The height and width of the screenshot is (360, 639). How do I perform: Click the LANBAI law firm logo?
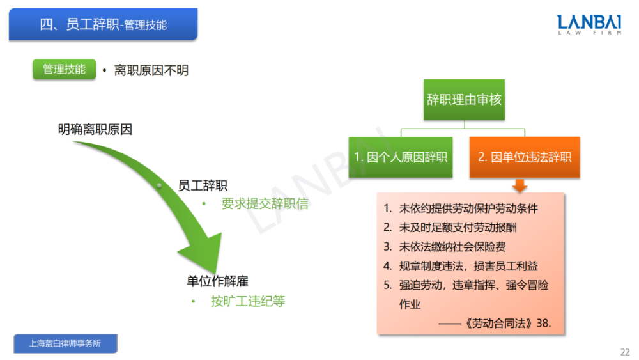point(589,24)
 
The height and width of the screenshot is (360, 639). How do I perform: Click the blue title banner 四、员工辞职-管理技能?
point(103,24)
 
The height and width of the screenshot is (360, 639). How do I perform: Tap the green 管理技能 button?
point(64,69)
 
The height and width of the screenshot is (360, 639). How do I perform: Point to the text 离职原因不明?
point(151,70)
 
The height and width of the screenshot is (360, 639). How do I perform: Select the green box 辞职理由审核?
point(464,100)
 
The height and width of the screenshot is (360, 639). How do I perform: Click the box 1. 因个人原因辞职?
point(401,157)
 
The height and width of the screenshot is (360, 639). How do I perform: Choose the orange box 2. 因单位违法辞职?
point(525,157)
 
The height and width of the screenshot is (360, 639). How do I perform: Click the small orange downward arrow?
point(520,185)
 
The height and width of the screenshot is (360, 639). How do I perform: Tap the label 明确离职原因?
point(95,130)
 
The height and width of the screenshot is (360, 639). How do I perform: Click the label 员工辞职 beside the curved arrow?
point(203,186)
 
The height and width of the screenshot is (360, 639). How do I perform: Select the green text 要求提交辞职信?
point(265,203)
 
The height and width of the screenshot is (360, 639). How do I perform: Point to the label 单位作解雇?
point(217,281)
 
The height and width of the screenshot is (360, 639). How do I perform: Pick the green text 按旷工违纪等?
point(248,301)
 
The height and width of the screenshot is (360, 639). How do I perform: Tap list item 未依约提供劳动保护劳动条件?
point(468,208)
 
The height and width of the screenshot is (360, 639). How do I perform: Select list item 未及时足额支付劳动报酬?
point(458,228)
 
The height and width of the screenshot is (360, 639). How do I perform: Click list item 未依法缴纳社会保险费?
point(452,247)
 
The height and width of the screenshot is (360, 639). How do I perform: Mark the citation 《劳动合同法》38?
point(508,324)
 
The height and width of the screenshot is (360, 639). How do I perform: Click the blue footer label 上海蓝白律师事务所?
point(65,343)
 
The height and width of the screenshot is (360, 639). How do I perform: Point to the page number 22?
point(625,352)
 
